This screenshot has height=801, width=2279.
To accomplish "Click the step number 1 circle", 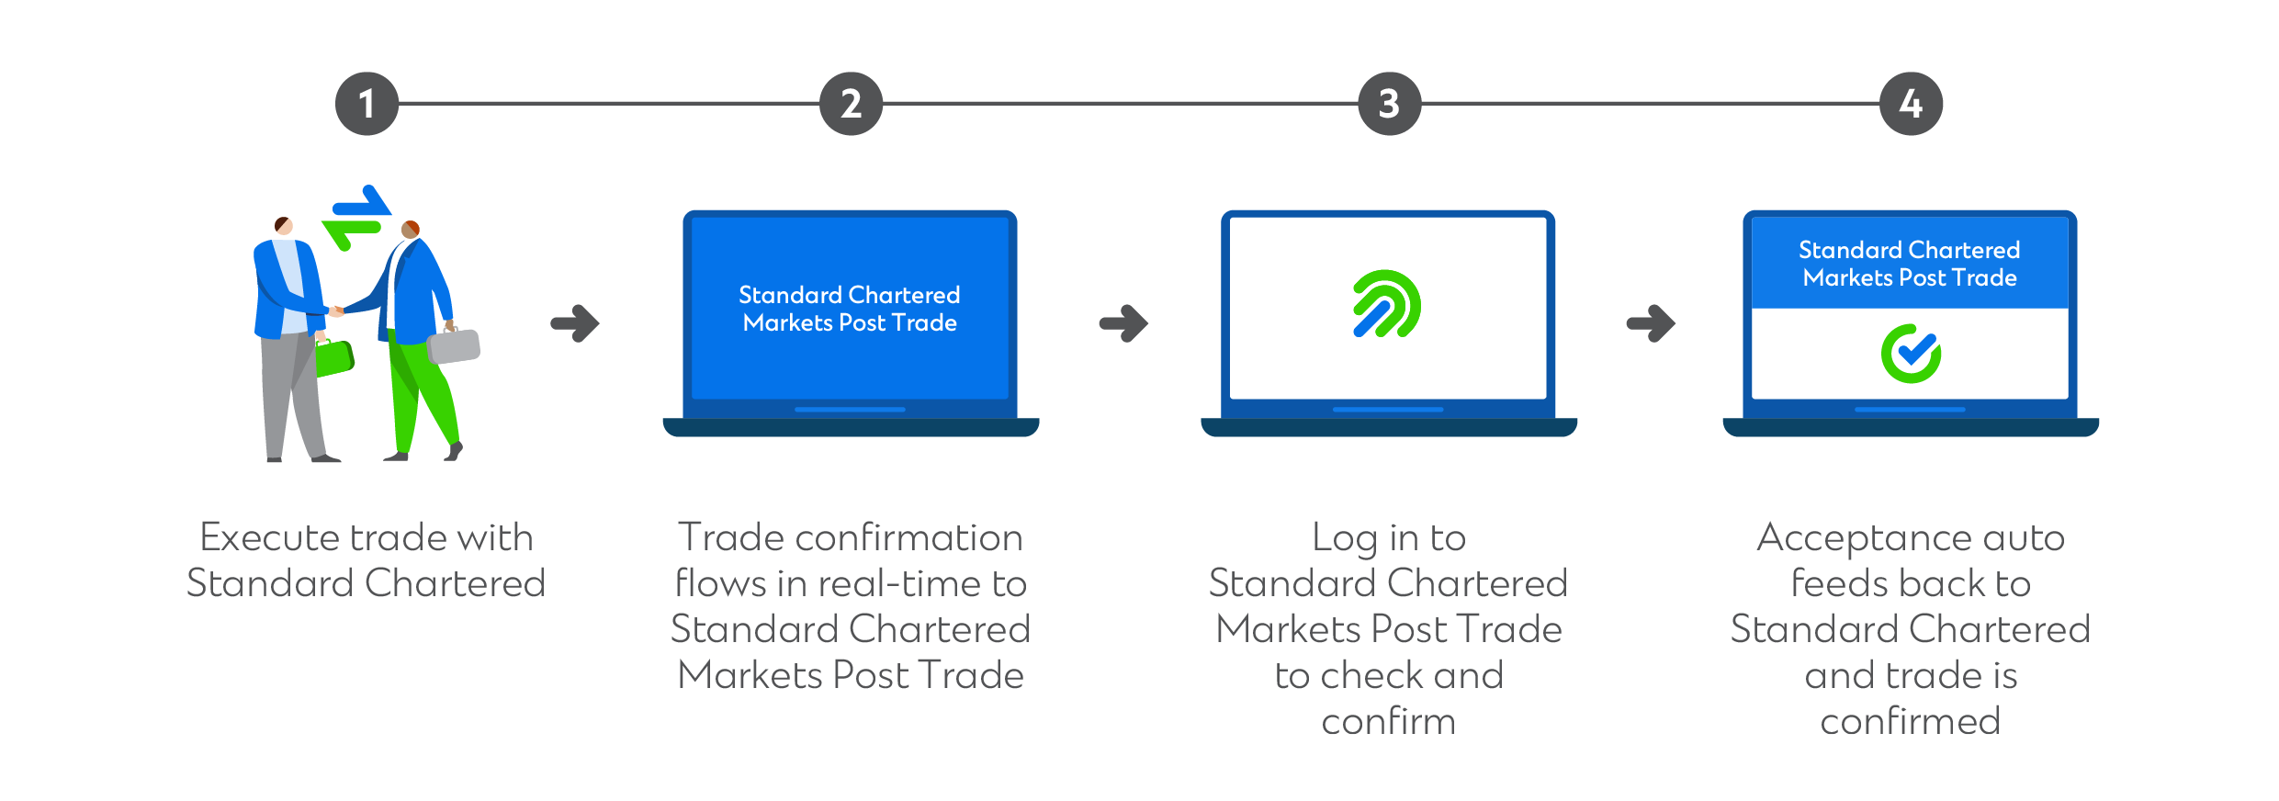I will [x=367, y=104].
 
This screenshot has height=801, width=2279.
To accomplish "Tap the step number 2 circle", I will [x=851, y=104].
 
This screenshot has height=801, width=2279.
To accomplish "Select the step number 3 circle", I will [x=1389, y=104].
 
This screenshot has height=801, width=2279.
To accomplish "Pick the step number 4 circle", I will [x=1911, y=104].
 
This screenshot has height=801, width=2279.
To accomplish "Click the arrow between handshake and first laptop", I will [x=575, y=323].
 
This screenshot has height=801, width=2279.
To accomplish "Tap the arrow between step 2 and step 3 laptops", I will [x=1123, y=323].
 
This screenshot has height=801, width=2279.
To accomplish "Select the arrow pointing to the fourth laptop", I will [x=1651, y=323].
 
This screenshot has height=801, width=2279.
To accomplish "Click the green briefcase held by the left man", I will [x=334, y=358].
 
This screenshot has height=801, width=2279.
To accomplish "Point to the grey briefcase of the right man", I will [x=455, y=346].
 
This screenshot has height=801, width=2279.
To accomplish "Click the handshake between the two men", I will [x=336, y=311].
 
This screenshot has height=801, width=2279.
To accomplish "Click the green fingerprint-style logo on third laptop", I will [x=1386, y=304].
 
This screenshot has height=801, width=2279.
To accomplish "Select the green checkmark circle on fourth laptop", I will [x=1911, y=354].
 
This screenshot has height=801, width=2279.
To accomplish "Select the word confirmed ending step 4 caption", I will [x=1910, y=722].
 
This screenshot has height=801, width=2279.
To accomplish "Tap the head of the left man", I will [x=283, y=225].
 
